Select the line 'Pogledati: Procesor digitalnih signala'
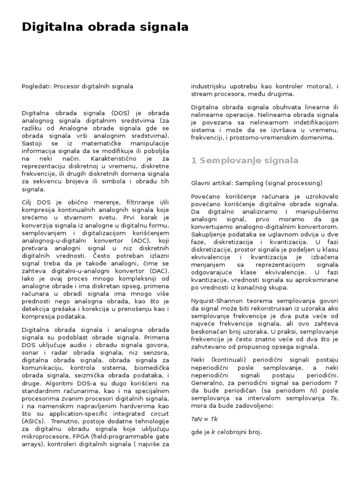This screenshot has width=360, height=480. pyautogui.click(x=77, y=86)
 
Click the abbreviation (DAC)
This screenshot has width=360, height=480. pyautogui.click(x=158, y=271)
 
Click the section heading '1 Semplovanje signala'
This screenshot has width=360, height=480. pyautogui.click(x=245, y=161)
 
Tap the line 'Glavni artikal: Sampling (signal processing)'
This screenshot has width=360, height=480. pyautogui.click(x=256, y=183)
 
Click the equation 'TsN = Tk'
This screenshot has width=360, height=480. pyautogui.click(x=204, y=419)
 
